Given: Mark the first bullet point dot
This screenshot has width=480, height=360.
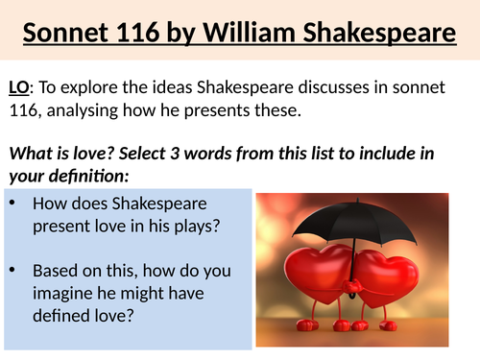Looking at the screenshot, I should pos(12,204).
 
